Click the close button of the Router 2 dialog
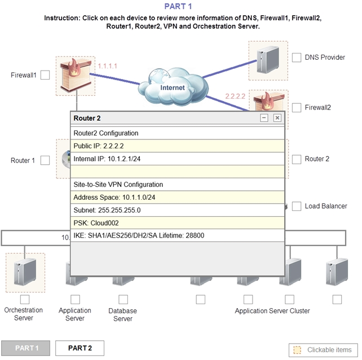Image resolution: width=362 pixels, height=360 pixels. (277, 118)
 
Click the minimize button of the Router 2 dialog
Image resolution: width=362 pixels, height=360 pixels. (264, 118)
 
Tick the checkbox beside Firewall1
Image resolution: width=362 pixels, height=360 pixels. (45, 75)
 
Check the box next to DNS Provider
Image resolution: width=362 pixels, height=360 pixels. (297, 58)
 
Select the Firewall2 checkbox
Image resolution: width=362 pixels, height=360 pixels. (297, 107)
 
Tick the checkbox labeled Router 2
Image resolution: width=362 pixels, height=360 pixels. (297, 159)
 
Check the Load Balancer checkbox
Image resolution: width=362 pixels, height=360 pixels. (297, 206)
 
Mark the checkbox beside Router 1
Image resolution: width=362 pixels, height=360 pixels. (45, 160)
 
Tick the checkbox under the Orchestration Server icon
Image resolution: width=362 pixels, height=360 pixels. (24, 300)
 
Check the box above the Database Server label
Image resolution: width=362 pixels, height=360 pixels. (123, 300)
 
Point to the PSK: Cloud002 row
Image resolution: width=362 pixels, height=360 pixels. (177, 222)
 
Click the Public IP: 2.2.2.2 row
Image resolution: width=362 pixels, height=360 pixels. (177, 146)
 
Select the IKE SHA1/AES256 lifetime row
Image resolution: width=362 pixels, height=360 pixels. (177, 235)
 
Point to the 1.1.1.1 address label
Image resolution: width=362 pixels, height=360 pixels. (107, 66)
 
